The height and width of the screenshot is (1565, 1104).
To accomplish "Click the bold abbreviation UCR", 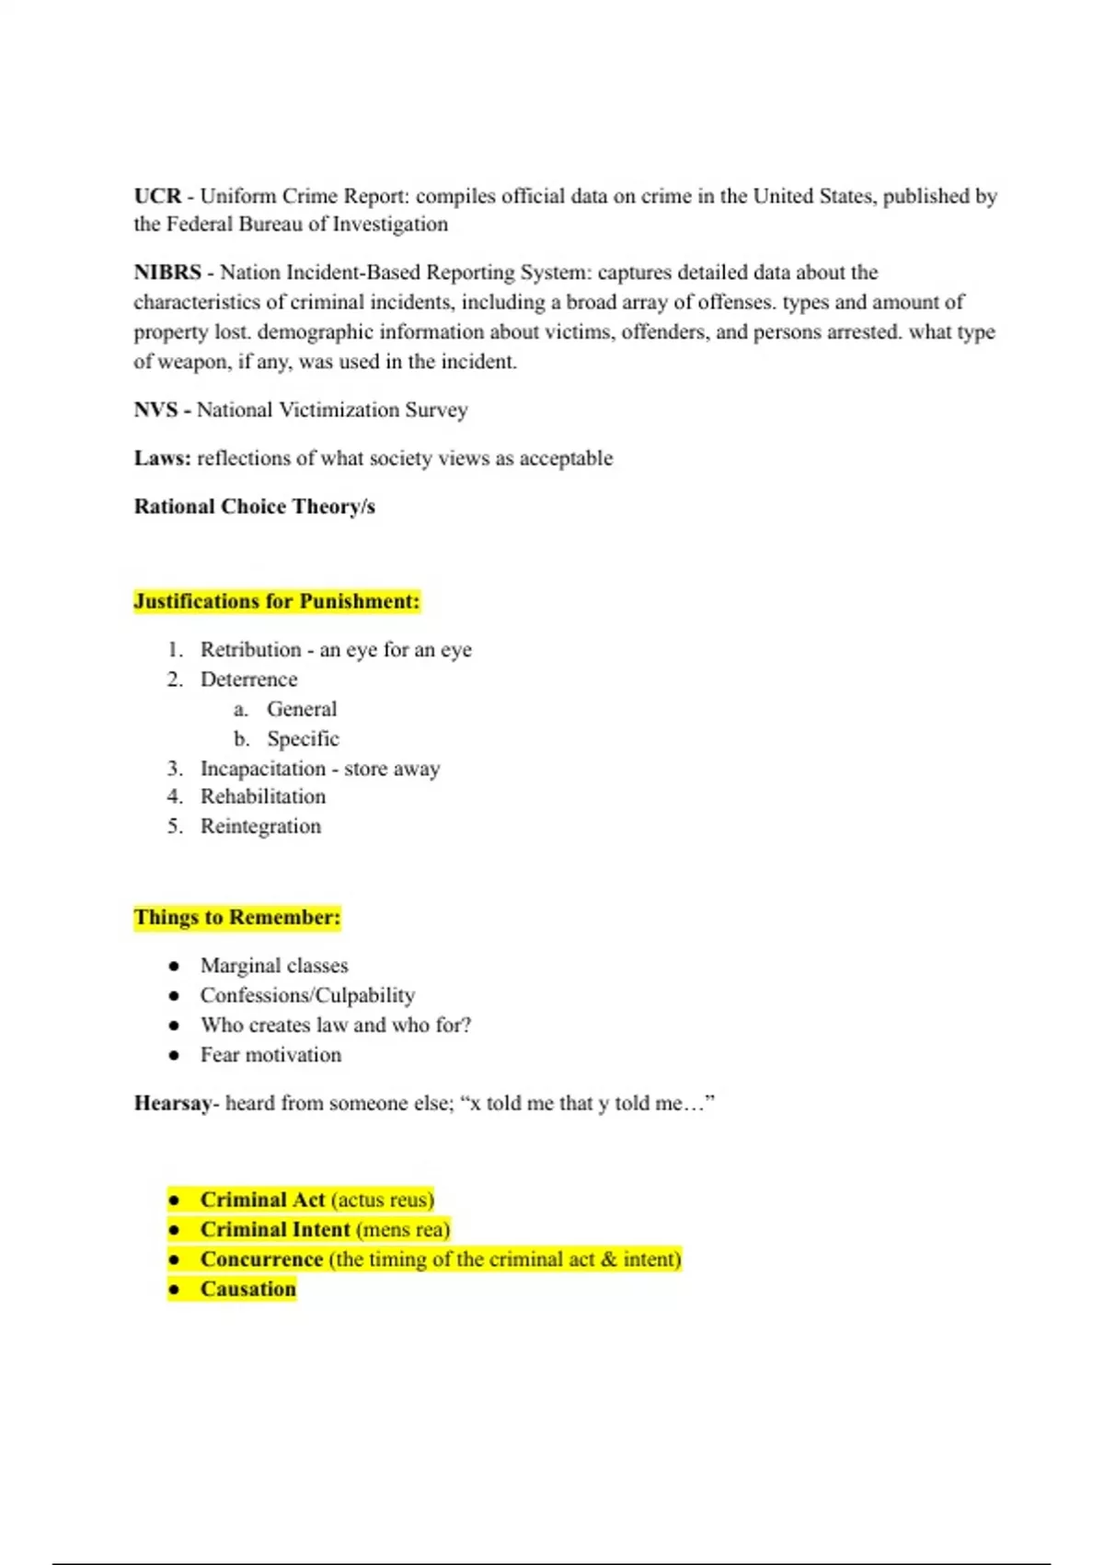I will click(x=157, y=196).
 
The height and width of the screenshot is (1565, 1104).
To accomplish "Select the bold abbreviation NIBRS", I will click(x=167, y=272).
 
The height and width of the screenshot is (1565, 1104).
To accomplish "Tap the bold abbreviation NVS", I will click(x=155, y=410).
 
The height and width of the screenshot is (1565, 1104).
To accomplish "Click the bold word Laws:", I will click(x=162, y=458).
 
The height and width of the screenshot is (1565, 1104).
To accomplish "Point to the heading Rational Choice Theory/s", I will click(x=254, y=506).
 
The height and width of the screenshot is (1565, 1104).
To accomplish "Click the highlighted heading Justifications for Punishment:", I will click(x=276, y=601).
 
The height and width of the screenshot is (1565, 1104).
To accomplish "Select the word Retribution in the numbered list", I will click(x=250, y=650).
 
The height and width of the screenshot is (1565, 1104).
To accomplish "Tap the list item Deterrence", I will click(x=248, y=679).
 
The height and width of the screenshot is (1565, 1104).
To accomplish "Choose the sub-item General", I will click(x=302, y=709).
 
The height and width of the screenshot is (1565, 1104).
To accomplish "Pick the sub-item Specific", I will click(x=303, y=738).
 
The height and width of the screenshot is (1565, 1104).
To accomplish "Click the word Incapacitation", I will click(x=263, y=769).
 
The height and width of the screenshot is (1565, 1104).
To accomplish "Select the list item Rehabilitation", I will click(x=263, y=796).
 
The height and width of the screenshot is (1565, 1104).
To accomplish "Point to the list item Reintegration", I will click(x=260, y=826).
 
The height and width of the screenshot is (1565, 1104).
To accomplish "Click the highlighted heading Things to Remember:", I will click(x=236, y=917).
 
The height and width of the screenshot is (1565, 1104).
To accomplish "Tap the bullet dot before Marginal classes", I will click(x=174, y=966).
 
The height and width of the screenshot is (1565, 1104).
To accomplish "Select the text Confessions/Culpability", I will click(x=307, y=995).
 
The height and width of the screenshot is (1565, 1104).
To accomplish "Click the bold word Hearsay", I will click(x=173, y=1103).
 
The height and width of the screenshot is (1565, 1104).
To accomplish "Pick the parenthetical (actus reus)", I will click(x=382, y=1200).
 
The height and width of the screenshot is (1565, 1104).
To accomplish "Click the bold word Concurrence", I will click(x=261, y=1258).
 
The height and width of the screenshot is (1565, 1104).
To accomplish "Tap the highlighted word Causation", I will click(x=248, y=1289).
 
